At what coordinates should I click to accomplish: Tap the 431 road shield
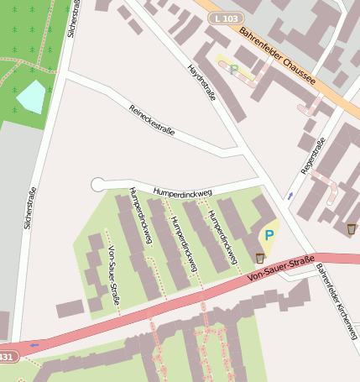[6, 357]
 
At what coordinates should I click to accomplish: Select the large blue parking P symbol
[269, 236]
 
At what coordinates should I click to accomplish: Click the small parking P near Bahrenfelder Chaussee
[234, 71]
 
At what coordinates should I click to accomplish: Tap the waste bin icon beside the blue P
[260, 257]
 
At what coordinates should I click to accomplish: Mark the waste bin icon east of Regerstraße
[351, 228]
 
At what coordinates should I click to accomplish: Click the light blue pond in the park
[31, 97]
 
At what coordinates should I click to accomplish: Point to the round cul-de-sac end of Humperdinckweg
[97, 184]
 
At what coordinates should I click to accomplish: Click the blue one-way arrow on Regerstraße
[290, 196]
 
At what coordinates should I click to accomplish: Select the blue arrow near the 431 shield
[34, 344]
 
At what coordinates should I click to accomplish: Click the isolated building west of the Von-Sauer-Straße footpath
[70, 308]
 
